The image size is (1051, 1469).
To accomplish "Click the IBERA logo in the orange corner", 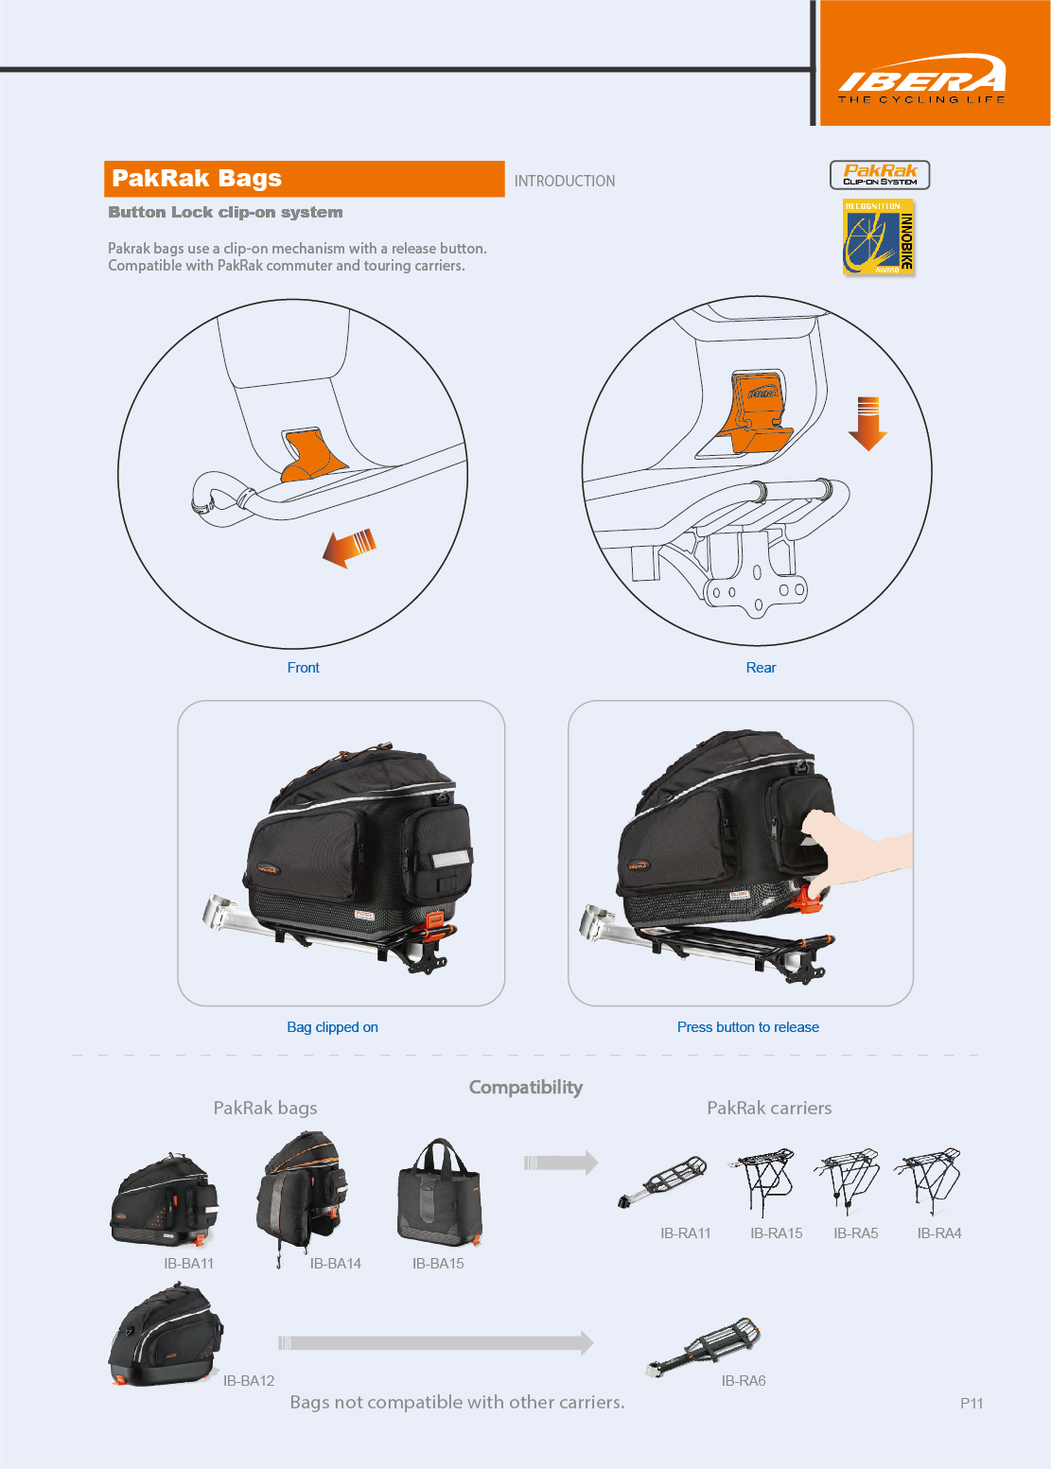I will pyautogui.click(x=921, y=78).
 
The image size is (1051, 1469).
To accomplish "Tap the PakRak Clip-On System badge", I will pyautogui.click(x=880, y=175).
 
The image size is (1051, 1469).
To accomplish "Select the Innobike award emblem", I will pyautogui.click(x=879, y=237).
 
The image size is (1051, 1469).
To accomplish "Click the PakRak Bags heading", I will pyautogui.click(x=197, y=179).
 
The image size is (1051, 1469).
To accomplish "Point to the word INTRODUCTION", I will pyautogui.click(x=564, y=181).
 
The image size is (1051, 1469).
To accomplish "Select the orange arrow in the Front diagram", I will pyautogui.click(x=349, y=548).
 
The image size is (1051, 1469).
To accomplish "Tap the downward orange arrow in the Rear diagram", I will pyautogui.click(x=867, y=423).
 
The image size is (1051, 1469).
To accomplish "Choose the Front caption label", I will pyautogui.click(x=303, y=668).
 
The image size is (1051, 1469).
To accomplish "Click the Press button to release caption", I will pyautogui.click(x=747, y=1027).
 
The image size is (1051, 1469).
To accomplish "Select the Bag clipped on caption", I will pyautogui.click(x=332, y=1027).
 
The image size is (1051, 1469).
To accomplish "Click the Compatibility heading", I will pyautogui.click(x=526, y=1088).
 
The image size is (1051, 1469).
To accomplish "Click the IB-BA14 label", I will pyautogui.click(x=335, y=1264).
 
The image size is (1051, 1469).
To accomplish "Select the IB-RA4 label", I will pyautogui.click(x=938, y=1233).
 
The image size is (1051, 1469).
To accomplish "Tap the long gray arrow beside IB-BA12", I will pyautogui.click(x=436, y=1343).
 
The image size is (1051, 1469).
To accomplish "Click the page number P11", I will pyautogui.click(x=972, y=1404).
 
